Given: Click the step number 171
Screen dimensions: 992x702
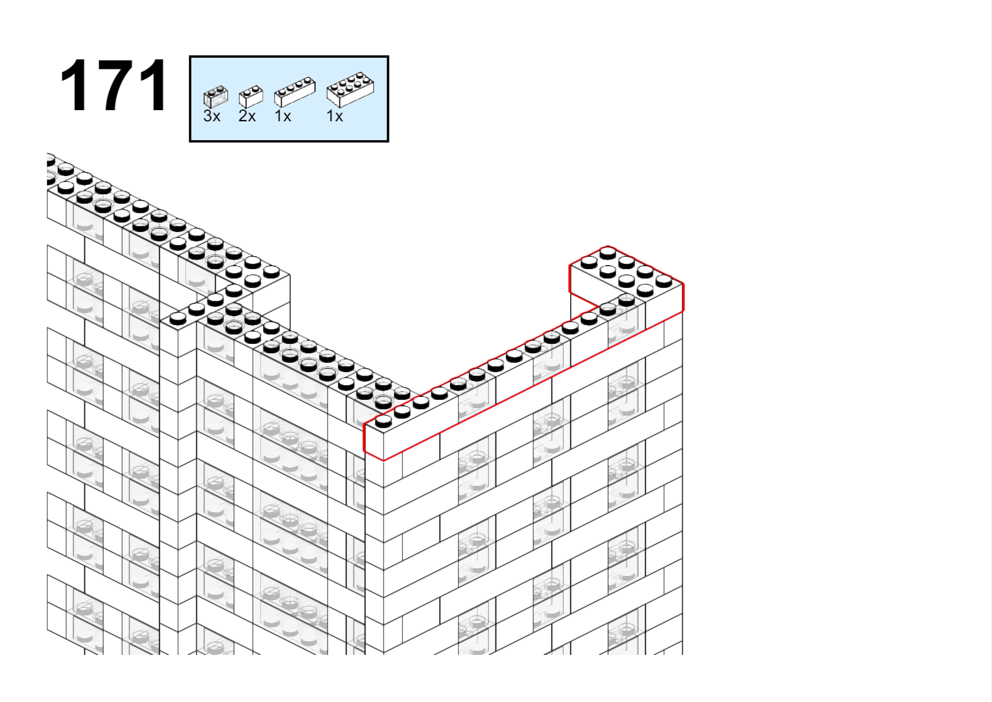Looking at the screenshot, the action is (113, 85).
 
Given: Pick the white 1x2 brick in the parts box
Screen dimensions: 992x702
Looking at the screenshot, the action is (251, 97).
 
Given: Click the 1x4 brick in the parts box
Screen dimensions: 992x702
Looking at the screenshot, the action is (295, 92).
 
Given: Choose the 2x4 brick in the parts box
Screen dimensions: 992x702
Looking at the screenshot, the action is (350, 90).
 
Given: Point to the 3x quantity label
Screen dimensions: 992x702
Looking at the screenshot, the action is (211, 116).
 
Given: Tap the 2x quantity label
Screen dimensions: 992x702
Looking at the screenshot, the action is (247, 116).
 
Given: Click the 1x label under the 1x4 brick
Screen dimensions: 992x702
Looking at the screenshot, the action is (283, 116).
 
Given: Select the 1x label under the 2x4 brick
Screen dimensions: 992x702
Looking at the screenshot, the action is (335, 116).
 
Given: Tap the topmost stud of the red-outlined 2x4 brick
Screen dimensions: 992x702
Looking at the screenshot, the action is (607, 253).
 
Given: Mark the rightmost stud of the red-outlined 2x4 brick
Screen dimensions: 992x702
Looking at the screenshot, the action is (663, 280).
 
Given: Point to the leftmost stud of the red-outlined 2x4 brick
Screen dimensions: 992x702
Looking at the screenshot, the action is (589, 263).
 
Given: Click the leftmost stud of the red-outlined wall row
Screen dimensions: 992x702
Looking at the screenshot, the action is (383, 422).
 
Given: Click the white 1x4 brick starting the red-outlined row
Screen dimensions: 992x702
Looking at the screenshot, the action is (412, 425).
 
